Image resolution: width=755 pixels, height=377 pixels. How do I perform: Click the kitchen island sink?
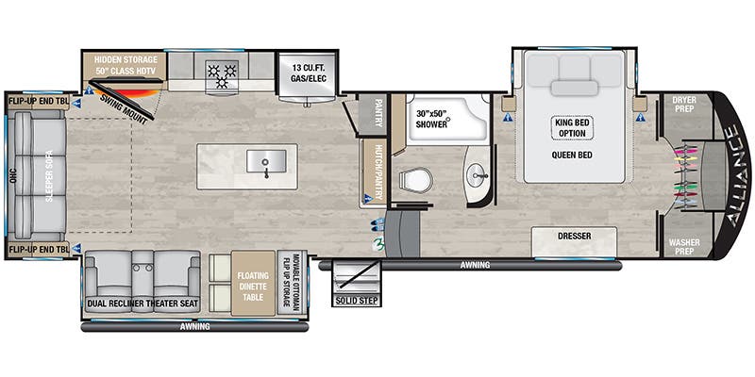tap(265, 162)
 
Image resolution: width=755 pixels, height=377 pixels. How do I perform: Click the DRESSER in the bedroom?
tap(574, 238)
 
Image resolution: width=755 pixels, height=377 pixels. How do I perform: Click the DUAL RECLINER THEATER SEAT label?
tap(143, 303)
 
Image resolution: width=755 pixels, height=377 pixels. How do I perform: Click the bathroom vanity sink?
tap(478, 174)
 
